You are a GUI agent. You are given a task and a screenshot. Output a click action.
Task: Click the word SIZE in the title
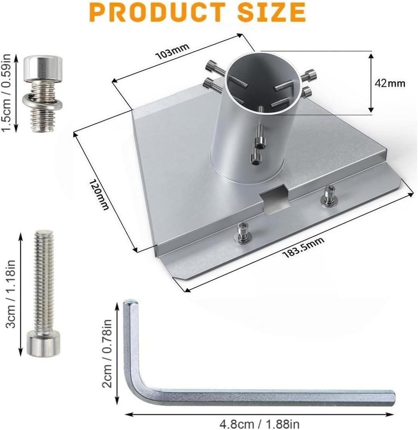click(x=272, y=12)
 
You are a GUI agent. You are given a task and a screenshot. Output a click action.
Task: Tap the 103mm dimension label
click(x=172, y=51)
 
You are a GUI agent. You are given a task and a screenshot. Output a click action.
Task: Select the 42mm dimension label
click(x=390, y=83)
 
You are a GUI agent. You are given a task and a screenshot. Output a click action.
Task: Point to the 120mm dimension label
click(x=99, y=195)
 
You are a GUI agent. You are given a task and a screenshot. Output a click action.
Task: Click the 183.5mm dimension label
click(x=303, y=247)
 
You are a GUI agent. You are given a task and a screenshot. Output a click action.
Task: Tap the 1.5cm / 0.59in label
click(x=6, y=93)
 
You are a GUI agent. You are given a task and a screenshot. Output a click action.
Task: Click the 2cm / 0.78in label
click(x=107, y=353)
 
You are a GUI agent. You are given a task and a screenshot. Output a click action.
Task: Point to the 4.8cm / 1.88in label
click(x=259, y=424)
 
